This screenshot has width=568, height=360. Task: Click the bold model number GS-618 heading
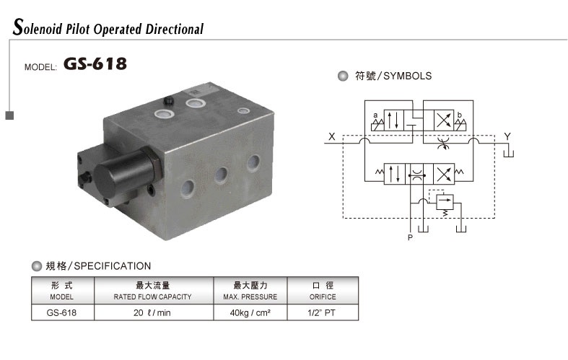click(x=95, y=63)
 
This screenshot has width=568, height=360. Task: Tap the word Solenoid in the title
click(x=38, y=27)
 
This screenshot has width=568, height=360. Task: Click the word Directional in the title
click(x=174, y=29)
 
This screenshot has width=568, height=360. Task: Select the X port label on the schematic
click(x=332, y=136)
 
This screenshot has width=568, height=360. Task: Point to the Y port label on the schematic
click(x=507, y=136)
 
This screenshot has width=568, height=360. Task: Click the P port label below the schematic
click(x=410, y=237)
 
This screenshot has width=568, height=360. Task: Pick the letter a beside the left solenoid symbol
click(x=375, y=115)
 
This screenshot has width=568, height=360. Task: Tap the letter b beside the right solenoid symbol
click(x=460, y=115)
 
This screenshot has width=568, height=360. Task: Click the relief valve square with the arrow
click(x=445, y=202)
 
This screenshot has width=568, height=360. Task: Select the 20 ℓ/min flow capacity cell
click(x=152, y=313)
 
